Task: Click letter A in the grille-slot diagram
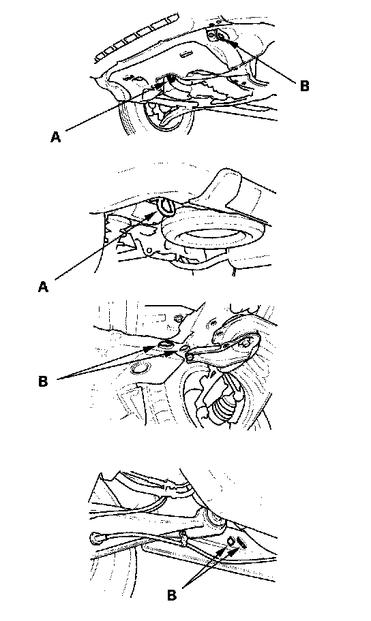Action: tap(56, 137)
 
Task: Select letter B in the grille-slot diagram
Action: tap(304, 86)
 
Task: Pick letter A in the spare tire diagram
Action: tap(43, 287)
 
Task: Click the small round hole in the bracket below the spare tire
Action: tap(149, 251)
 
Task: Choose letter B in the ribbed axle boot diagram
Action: tap(43, 381)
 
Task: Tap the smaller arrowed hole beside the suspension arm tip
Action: tap(183, 348)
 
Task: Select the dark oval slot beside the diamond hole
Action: tap(241, 542)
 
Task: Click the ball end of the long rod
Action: tap(95, 537)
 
